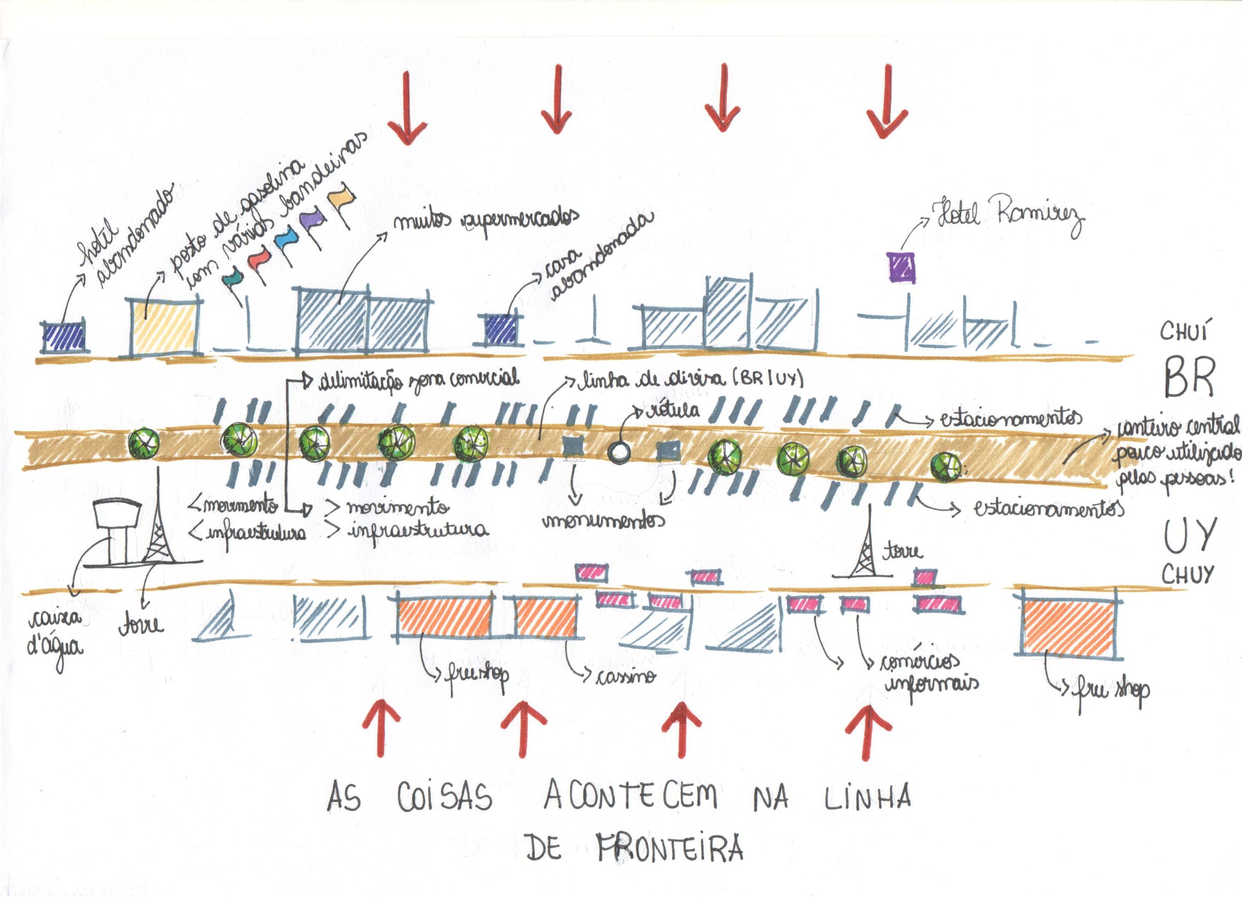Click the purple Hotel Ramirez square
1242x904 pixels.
tap(901, 267)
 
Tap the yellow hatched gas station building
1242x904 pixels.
tap(164, 327)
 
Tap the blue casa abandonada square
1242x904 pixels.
tap(501, 329)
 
